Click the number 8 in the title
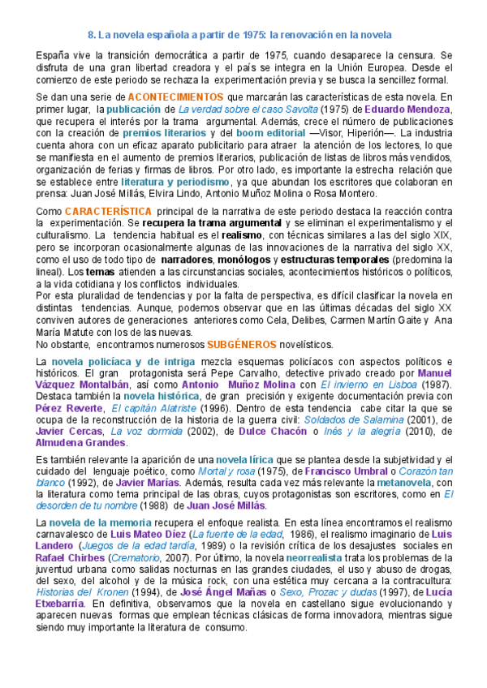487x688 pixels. [90, 36]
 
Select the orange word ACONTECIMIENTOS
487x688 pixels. [176, 97]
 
